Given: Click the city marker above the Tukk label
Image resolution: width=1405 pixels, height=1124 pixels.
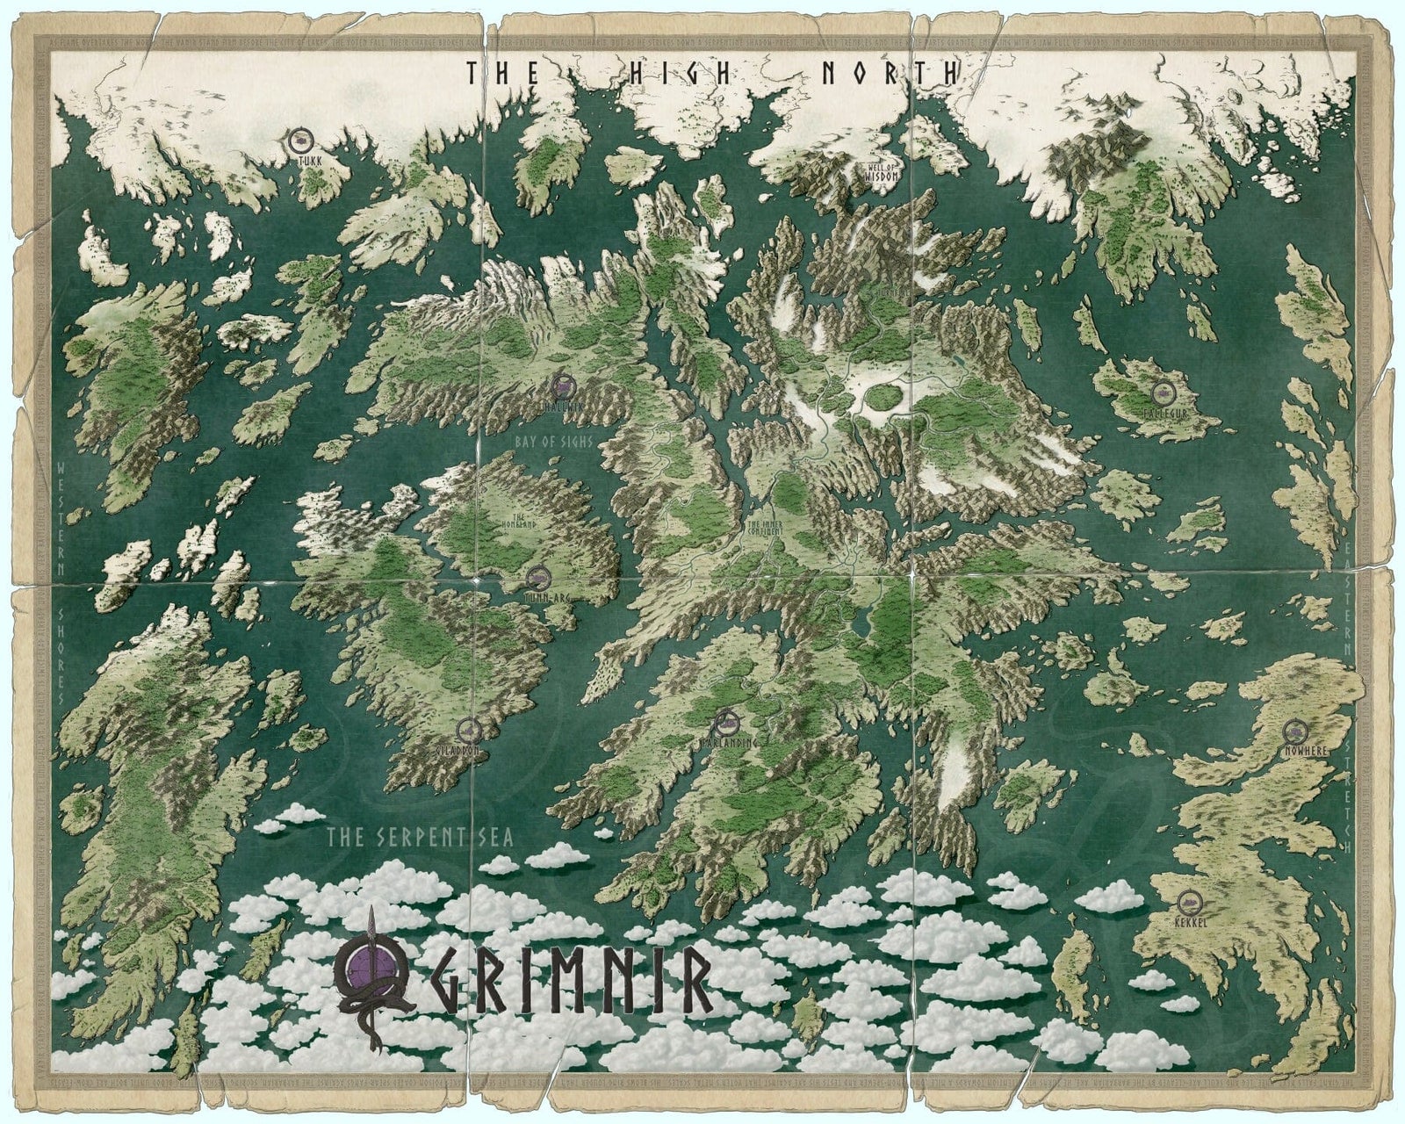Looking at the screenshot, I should (300, 139).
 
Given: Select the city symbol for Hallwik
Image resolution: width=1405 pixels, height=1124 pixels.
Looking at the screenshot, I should (563, 385).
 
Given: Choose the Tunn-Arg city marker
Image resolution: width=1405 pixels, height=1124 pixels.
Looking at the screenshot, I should (538, 577).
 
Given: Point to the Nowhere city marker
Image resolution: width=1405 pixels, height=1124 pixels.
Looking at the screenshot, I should (1292, 730).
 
